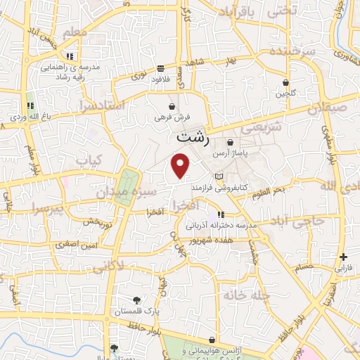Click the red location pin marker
[181, 166]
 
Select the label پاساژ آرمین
[247, 152]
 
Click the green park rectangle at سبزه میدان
[127, 186]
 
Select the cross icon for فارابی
[343, 257]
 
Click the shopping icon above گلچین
[285, 82]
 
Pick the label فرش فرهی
[169, 117]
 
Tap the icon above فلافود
[161, 68]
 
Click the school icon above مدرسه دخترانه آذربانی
[221, 214]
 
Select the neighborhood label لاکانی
[108, 265]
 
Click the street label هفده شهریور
[210, 241]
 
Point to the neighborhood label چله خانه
[246, 295]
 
